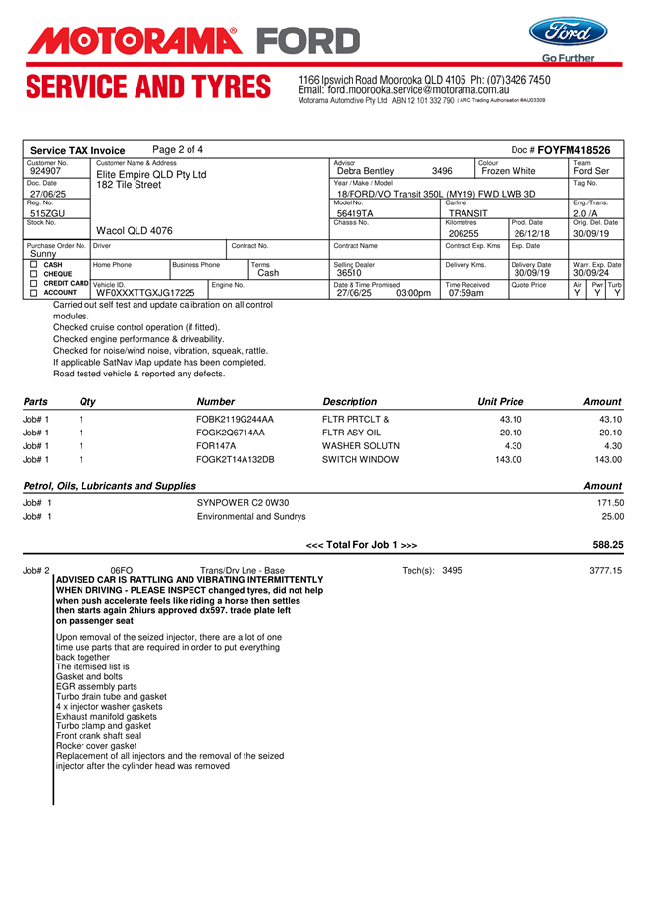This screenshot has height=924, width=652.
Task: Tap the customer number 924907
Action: [46, 171]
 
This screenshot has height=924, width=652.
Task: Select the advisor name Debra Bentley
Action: [364, 172]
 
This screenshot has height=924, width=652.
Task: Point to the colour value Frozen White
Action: [509, 172]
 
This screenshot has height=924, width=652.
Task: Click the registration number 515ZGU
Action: [48, 213]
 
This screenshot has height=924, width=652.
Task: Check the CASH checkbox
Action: [34, 265]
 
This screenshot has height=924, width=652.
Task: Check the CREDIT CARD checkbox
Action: [34, 283]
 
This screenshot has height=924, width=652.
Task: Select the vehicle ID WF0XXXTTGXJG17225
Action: [145, 293]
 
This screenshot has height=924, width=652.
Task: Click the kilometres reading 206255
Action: [463, 234]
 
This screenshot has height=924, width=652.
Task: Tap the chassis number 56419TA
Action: [354, 213]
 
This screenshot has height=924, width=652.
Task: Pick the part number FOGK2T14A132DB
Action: [236, 459]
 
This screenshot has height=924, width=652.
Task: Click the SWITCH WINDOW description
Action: [360, 459]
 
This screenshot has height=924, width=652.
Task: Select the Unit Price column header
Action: [500, 402]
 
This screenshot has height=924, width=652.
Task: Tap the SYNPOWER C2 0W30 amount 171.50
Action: [610, 503]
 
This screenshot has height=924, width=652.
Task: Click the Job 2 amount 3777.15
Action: [605, 571]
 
